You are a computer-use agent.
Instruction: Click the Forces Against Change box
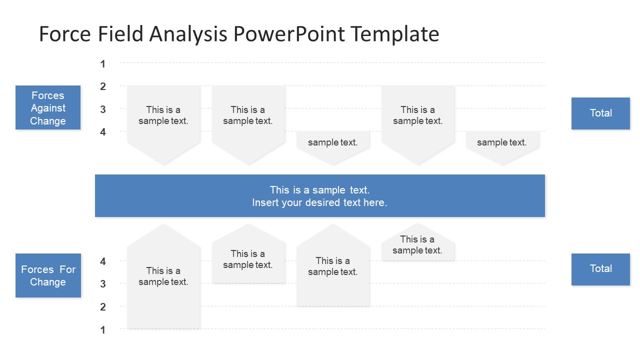click(48, 107)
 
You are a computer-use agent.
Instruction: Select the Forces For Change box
click(48, 275)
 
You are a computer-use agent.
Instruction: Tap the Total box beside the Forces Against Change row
click(600, 113)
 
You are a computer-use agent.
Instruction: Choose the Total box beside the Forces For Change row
click(600, 269)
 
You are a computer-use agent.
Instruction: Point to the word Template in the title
click(395, 34)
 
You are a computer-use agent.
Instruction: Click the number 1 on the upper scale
click(103, 64)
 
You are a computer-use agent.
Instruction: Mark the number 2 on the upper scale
click(103, 86)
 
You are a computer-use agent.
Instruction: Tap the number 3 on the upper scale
click(103, 109)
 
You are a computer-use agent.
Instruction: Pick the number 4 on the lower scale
click(103, 261)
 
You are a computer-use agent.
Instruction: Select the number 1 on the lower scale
click(103, 330)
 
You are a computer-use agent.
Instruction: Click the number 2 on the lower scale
click(103, 307)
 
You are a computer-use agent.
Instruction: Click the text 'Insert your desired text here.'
click(319, 202)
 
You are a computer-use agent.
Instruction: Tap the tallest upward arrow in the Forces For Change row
click(163, 276)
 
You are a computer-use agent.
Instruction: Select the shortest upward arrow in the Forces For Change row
click(418, 241)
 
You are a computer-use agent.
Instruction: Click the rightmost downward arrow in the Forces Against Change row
click(502, 147)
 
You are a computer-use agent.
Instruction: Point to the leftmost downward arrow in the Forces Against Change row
click(163, 125)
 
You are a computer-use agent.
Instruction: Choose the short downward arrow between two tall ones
click(333, 147)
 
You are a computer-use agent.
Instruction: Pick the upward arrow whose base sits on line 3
click(248, 253)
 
